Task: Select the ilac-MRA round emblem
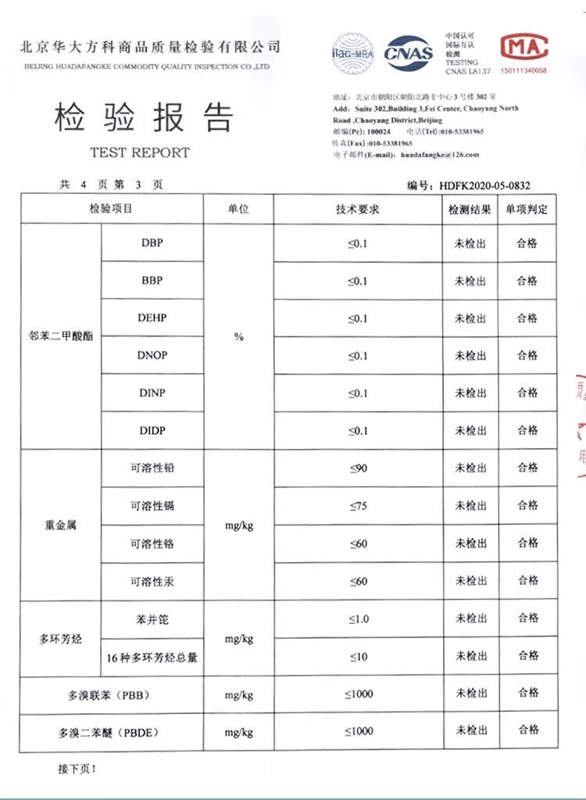point(352,53)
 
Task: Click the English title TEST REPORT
point(140,152)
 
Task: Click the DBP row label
point(152,242)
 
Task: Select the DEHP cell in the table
point(152,318)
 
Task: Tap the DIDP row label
point(152,431)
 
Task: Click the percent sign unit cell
point(238,337)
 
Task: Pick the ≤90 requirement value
point(357,468)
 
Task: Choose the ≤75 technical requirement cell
point(357,506)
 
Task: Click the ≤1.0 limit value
point(357,619)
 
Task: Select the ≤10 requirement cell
point(357,657)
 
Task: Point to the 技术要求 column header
point(357,209)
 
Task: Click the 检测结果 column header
point(470,210)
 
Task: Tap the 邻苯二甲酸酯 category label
point(60,337)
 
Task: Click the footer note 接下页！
point(77,770)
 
